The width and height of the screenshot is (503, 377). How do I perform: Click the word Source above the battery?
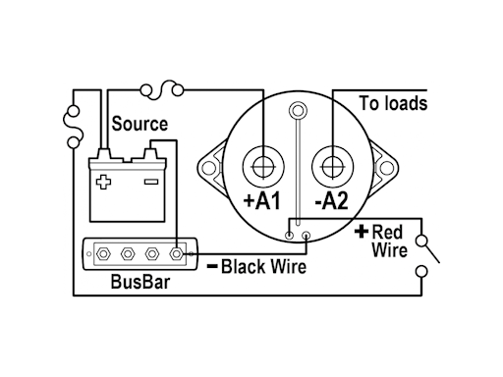[x=139, y=125]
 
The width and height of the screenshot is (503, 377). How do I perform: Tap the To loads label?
[x=393, y=103]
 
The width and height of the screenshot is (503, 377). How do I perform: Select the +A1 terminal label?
[x=262, y=203]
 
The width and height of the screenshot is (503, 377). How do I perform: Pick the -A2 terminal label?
[x=331, y=203]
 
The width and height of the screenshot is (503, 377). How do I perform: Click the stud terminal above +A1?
[x=263, y=164]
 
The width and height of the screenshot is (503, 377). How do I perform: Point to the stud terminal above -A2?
[x=333, y=164]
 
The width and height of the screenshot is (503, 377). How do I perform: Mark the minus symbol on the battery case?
[x=150, y=182]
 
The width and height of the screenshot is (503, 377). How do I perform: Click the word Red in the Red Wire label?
[x=388, y=232]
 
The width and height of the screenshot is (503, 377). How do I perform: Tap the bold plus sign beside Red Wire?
[x=361, y=232]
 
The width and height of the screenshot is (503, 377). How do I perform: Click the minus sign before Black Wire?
[x=211, y=266]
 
